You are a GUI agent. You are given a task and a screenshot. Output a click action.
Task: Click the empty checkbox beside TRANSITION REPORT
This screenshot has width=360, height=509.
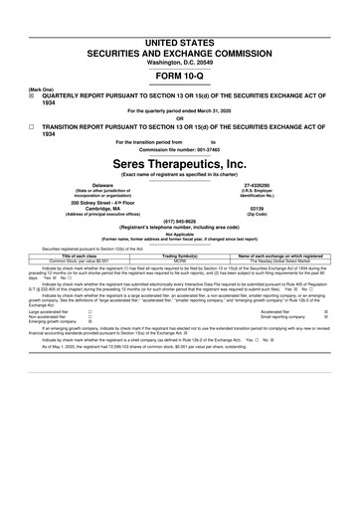click(x=8, y=127)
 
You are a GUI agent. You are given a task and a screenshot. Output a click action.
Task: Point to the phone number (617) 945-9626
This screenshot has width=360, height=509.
click(x=180, y=223)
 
